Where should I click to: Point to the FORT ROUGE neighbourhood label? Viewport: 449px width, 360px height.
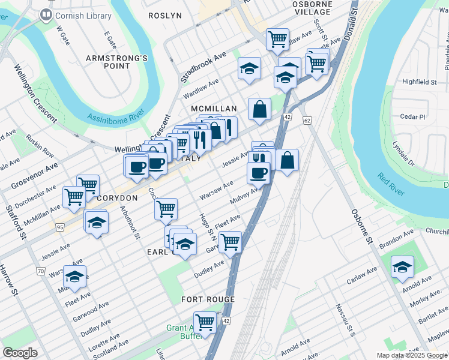(x=208, y=299)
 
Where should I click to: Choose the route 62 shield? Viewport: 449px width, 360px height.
(x=307, y=121)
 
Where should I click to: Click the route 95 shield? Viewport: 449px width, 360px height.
(x=59, y=227)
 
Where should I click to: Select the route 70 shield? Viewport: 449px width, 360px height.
(x=41, y=271)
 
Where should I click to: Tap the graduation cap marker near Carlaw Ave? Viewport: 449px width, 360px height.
(x=402, y=267)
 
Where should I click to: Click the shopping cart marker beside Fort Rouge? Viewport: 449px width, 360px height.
(x=205, y=322)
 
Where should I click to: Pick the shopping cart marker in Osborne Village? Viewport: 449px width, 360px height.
(x=277, y=39)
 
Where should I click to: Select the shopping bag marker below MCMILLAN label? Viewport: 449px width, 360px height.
(x=259, y=109)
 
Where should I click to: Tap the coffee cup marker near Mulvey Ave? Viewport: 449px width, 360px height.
(x=258, y=173)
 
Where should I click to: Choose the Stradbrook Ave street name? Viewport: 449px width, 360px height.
(x=203, y=66)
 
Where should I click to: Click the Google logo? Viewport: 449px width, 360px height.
(x=20, y=352)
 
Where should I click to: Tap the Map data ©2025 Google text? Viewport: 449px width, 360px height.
(x=411, y=355)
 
